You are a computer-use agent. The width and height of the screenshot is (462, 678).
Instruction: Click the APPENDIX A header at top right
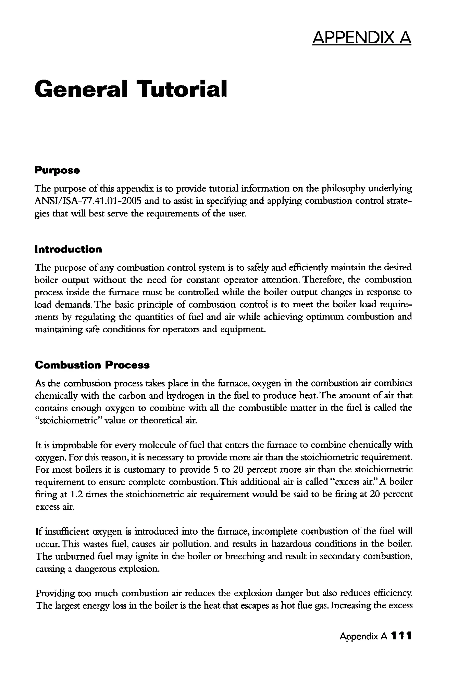click(x=361, y=37)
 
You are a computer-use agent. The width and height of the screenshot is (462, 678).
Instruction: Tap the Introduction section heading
click(x=68, y=249)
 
